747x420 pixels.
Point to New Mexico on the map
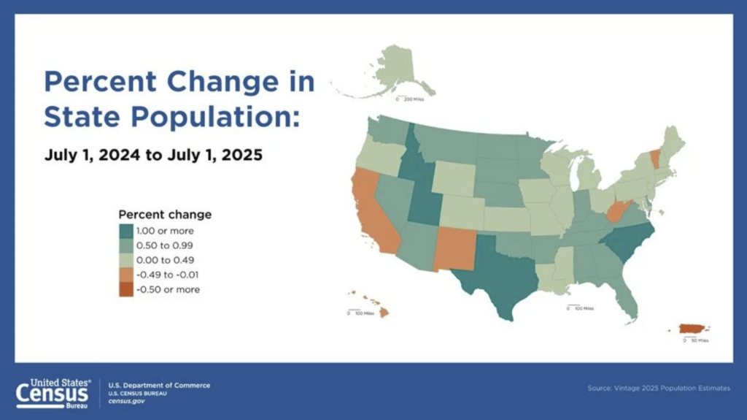[454, 248]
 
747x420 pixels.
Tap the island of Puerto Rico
[692, 329]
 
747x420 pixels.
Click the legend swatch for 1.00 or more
[125, 231]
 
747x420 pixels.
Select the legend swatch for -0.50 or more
[125, 289]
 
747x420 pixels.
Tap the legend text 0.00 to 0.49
[165, 260]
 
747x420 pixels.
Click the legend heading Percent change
[165, 215]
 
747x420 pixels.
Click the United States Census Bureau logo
[54, 392]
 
